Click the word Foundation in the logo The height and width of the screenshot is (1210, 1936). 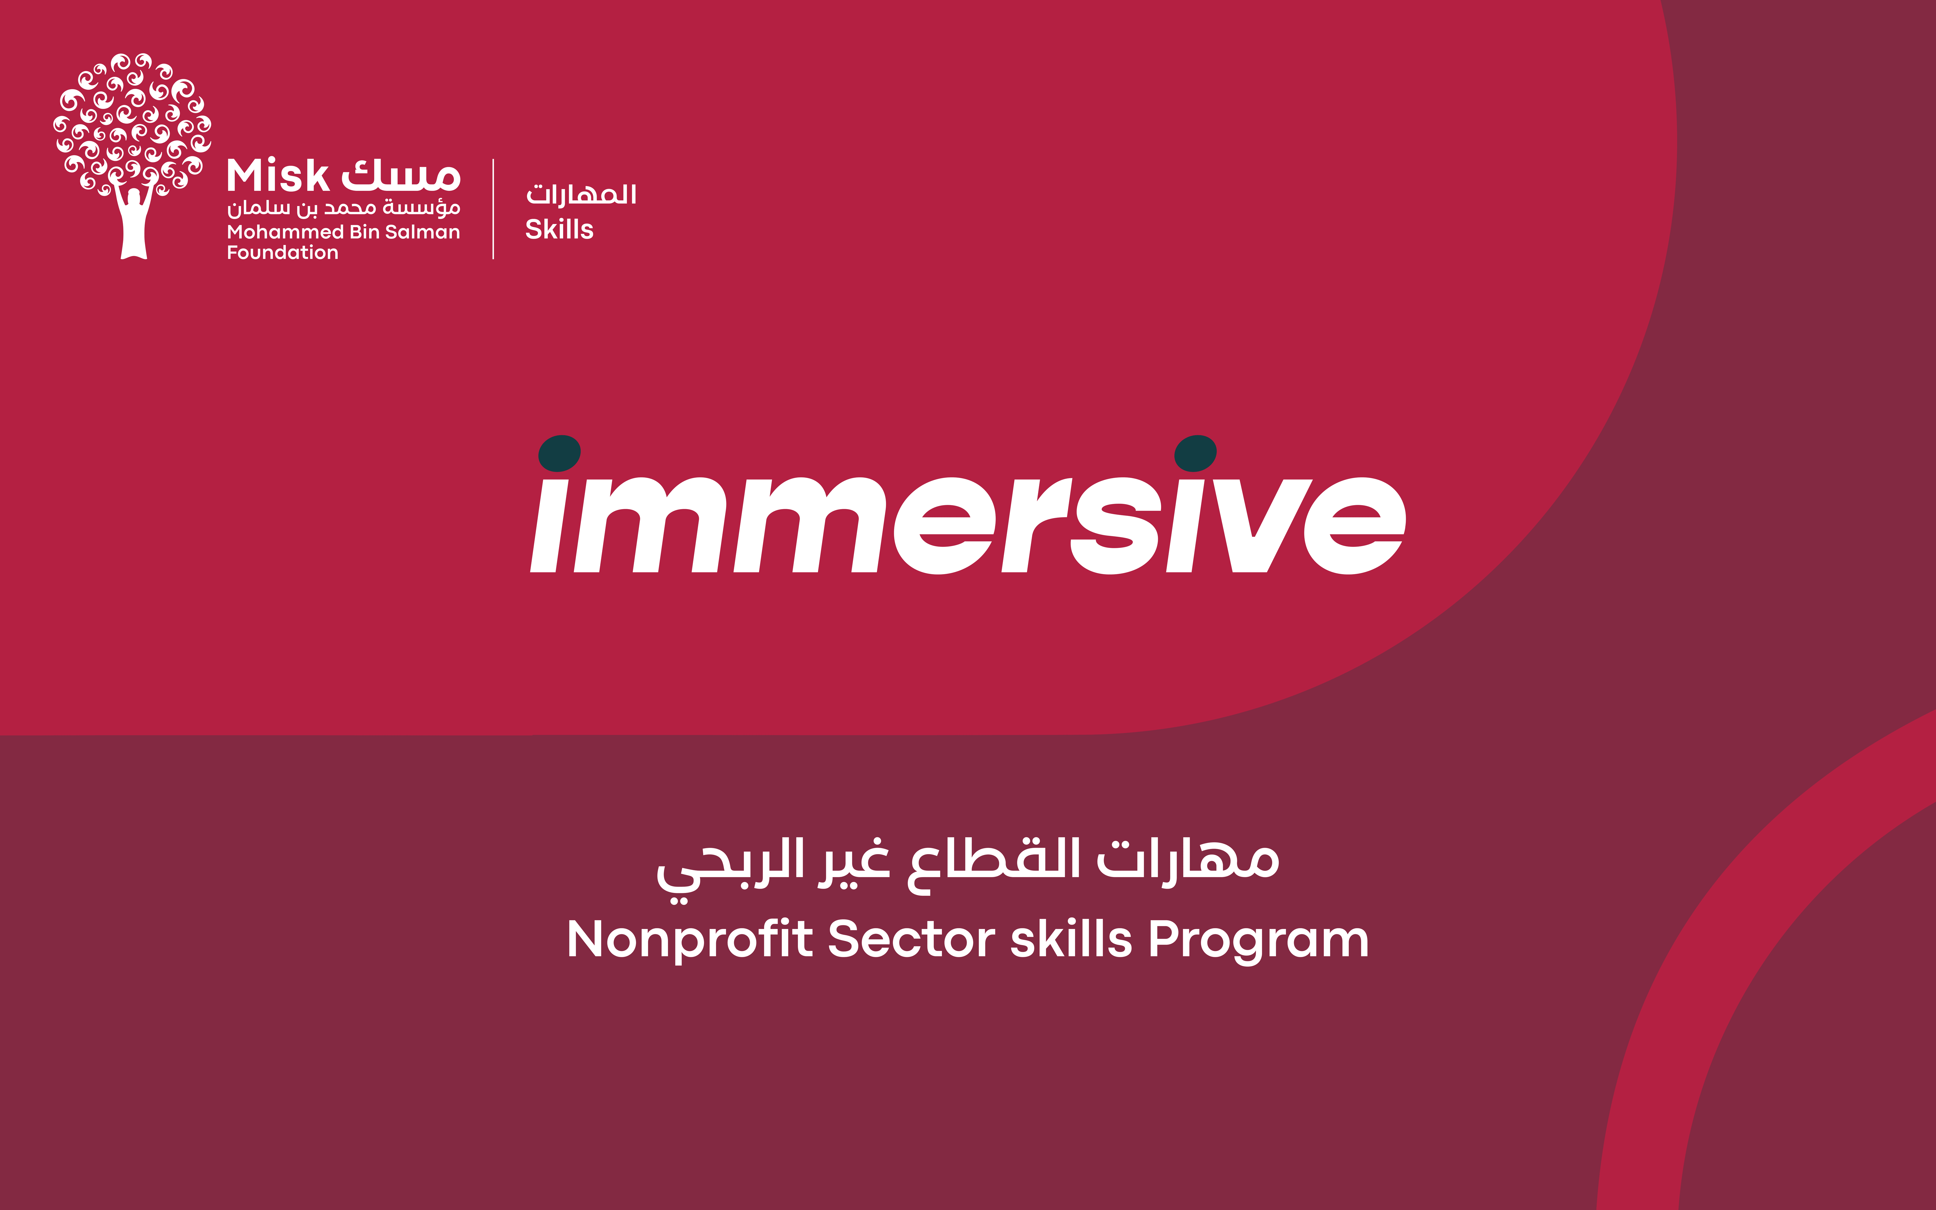[283, 253]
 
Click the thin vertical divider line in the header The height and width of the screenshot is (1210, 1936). [493, 209]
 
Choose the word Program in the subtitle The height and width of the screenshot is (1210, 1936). [1258, 940]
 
